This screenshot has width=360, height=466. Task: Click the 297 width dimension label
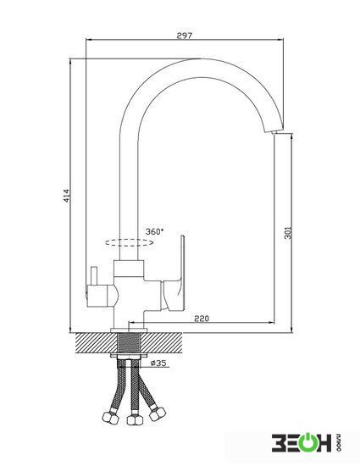pos(185,36)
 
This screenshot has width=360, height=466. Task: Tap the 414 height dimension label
pos(67,196)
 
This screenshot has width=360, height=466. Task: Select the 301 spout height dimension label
pos(288,233)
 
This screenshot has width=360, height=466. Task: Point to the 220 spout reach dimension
pos(202,319)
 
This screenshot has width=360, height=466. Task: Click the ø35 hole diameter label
pos(158,363)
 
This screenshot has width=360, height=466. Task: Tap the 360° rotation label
pos(154,231)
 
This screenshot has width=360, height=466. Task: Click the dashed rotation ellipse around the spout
pos(130,243)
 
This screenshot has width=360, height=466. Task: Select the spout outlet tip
pos(273,131)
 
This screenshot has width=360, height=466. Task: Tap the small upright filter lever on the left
pos(94,275)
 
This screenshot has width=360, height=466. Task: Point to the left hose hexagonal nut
pos(110,418)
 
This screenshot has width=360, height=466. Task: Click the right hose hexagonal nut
pos(157,413)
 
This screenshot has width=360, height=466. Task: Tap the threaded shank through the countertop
pos(129,343)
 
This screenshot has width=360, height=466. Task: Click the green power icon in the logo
pos(309,443)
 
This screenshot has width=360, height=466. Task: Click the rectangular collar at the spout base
pos(129,268)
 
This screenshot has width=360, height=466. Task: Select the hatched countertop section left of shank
pos(97,343)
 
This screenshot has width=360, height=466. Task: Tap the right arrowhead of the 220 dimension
pos(270,322)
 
